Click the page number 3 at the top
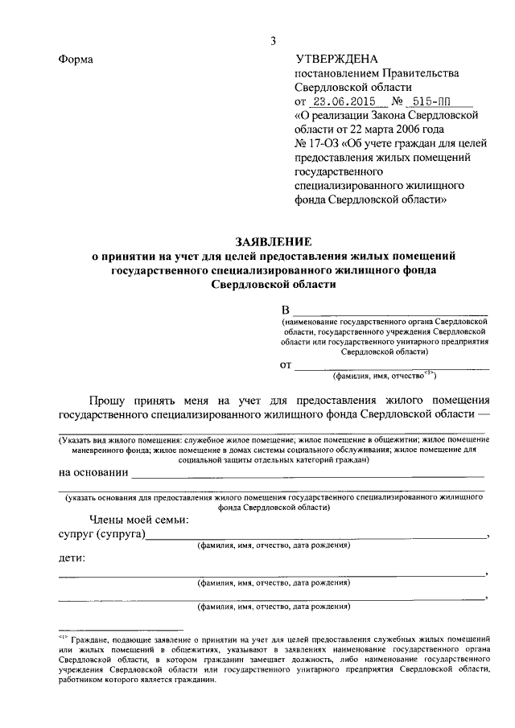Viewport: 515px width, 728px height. [274, 41]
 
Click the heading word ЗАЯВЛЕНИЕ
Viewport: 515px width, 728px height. [273, 241]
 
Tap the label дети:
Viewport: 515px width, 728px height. [72, 558]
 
